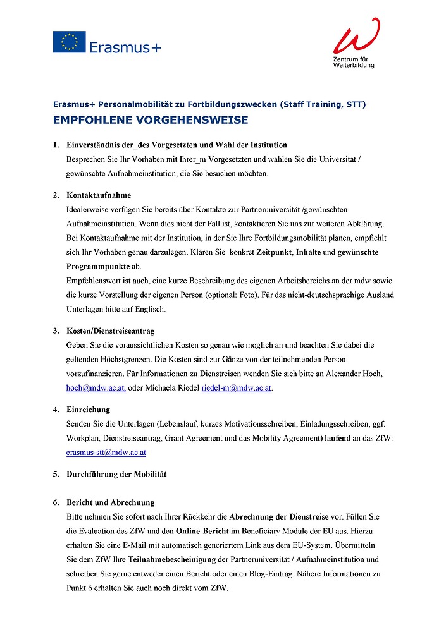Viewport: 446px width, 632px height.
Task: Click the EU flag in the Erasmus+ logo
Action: (x=69, y=42)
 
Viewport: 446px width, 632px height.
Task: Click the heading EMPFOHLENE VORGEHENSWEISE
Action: (x=151, y=120)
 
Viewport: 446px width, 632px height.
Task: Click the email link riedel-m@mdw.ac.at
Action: (x=237, y=387)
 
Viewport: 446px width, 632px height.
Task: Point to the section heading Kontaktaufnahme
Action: (x=99, y=195)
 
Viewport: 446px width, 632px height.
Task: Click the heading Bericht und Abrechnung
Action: (x=110, y=502)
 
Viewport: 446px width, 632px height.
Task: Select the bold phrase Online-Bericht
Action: (x=206, y=531)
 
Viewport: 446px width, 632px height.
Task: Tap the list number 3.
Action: (x=56, y=331)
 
